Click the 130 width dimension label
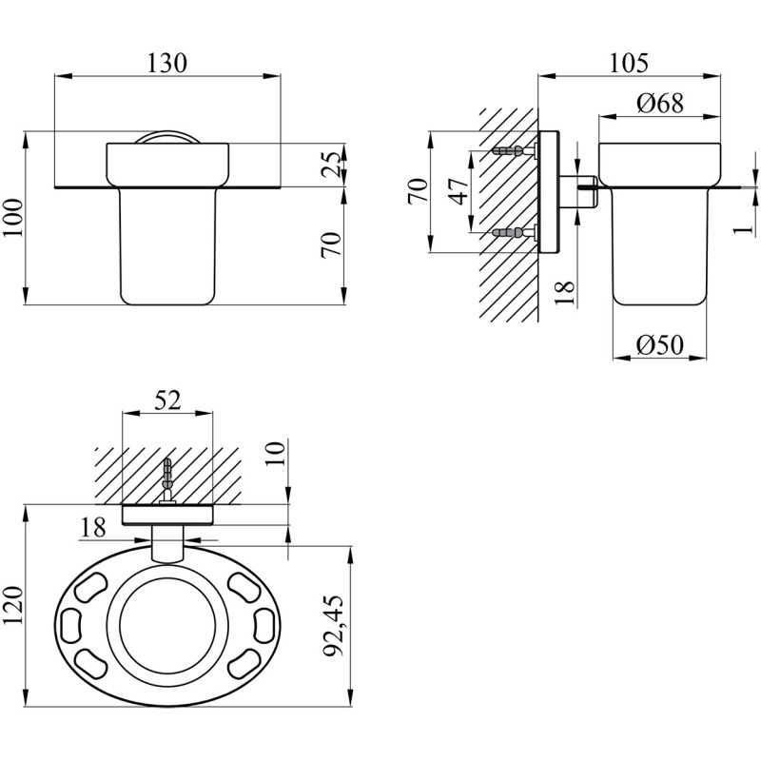(x=166, y=64)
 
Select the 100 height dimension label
(x=14, y=218)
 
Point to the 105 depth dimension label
(x=629, y=64)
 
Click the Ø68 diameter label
(x=660, y=104)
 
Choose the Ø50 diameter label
(x=659, y=345)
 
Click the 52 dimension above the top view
(x=167, y=400)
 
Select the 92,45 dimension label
(x=334, y=626)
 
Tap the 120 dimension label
(x=14, y=606)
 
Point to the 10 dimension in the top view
(x=275, y=454)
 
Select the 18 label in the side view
(x=564, y=292)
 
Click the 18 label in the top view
(x=93, y=528)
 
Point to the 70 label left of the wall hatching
(x=419, y=191)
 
